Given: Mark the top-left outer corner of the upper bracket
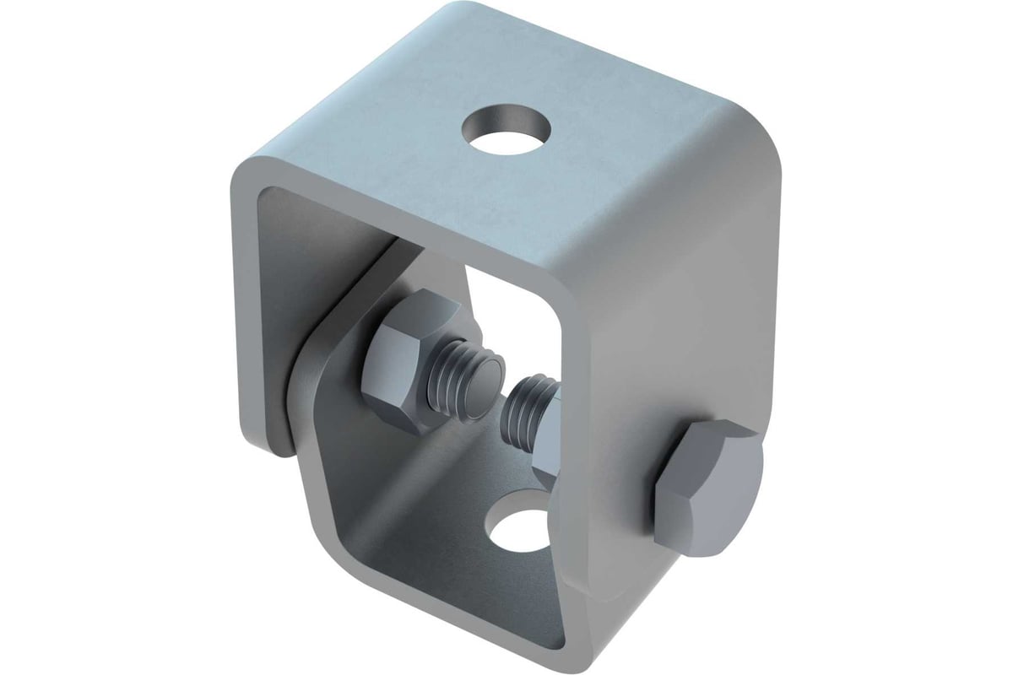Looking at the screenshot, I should point(245,165).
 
